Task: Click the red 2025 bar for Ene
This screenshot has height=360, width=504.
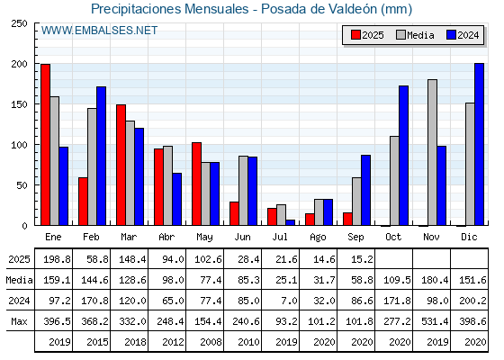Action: (45, 145)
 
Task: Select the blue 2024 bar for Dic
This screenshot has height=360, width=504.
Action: (479, 144)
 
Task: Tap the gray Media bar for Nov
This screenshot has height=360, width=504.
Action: (432, 152)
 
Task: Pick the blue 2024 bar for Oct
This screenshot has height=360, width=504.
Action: (403, 156)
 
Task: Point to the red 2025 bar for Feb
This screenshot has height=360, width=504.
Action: (83, 202)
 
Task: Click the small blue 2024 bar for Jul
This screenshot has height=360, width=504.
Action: (290, 222)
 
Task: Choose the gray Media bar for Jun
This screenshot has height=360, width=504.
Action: (243, 191)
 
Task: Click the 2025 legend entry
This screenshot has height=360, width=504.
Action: (367, 35)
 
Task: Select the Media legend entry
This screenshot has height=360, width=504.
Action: (415, 35)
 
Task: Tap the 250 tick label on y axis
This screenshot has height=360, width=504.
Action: (19, 23)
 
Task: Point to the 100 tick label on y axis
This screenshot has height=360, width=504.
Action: (19, 145)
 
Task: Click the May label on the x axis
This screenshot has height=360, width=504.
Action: (204, 238)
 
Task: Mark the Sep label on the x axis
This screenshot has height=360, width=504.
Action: (355, 238)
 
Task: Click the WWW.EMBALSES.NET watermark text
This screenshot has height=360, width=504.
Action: (99, 31)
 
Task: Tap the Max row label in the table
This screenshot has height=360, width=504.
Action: (19, 321)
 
